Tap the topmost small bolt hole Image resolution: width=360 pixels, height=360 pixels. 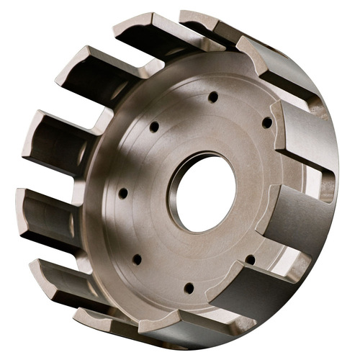212,96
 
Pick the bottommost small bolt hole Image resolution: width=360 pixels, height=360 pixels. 189,287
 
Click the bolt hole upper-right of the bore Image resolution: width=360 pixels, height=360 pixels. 266,122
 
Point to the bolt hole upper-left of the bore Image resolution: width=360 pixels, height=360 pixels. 153,127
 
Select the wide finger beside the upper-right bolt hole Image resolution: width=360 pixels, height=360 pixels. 302,130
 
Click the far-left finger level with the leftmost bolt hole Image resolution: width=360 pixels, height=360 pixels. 43,212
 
